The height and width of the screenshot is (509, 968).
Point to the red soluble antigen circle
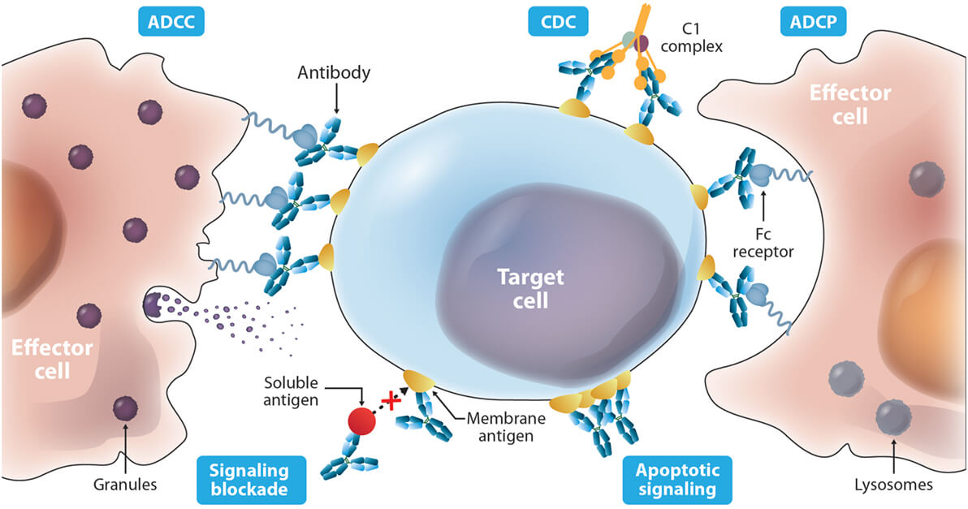point(362,421)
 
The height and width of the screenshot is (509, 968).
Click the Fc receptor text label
point(762,241)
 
